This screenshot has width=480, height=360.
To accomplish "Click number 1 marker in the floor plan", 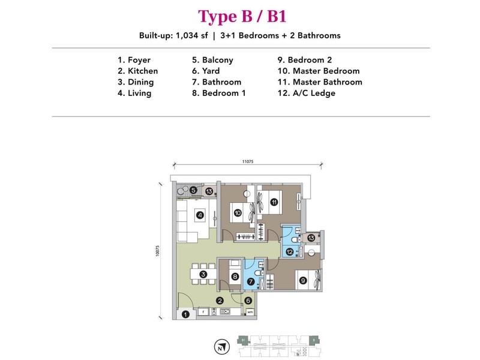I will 185,314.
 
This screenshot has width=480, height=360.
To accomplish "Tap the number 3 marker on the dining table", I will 203,275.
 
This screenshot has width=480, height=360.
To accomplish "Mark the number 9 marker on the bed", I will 303,280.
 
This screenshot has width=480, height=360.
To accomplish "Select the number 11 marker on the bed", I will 274,203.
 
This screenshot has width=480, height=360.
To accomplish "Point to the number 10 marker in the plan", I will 238,212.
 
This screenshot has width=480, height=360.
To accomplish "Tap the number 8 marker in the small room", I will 235,277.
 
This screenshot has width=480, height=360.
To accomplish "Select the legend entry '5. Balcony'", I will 212,60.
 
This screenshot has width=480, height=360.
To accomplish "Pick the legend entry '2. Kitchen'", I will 138,71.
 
